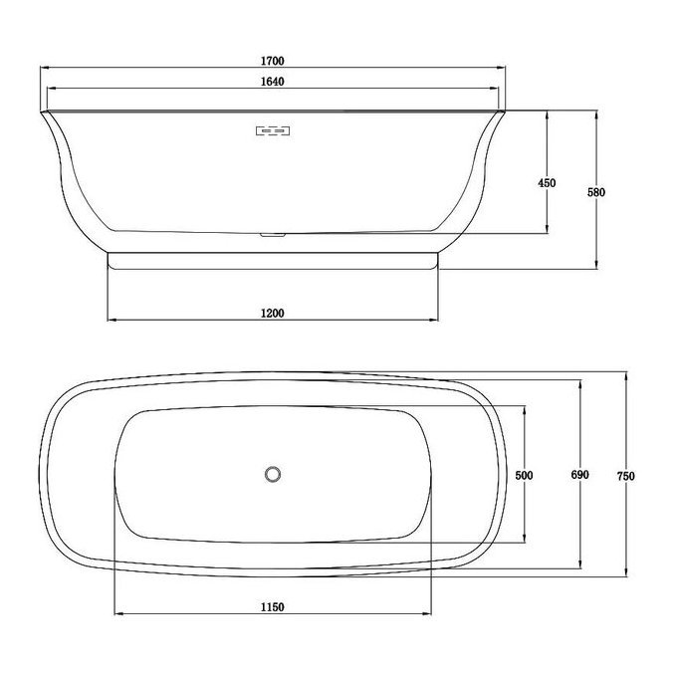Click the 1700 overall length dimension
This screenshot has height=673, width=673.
click(x=273, y=61)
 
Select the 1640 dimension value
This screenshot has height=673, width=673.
click(x=273, y=82)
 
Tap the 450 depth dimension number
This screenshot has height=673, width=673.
click(x=547, y=183)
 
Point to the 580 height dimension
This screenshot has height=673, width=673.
click(x=596, y=192)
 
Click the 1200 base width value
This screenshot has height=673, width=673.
click(x=273, y=314)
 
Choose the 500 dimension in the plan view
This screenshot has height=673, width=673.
click(x=524, y=476)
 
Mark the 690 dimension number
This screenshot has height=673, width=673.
click(x=579, y=475)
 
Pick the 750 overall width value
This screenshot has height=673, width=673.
click(x=626, y=476)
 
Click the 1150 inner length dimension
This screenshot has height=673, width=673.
click(x=273, y=607)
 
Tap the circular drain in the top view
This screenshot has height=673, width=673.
click(x=273, y=474)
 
